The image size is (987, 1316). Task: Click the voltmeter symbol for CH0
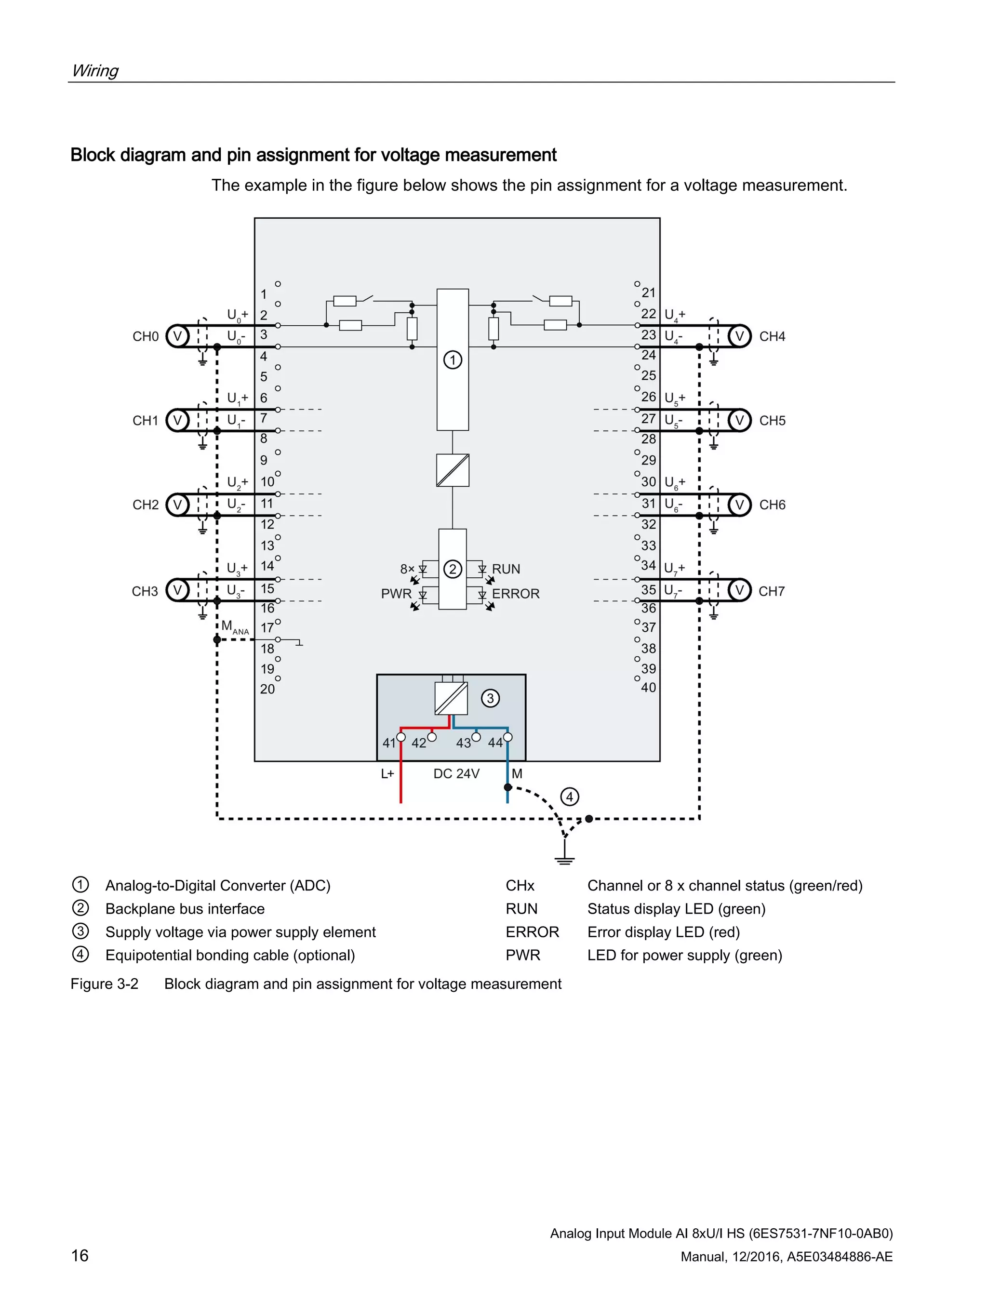(177, 336)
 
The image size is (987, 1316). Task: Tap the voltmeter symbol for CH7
(739, 590)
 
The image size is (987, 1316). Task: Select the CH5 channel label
(772, 421)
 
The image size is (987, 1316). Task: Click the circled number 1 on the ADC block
(453, 360)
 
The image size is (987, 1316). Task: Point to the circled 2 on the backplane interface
(452, 570)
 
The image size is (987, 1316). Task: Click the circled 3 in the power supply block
(490, 698)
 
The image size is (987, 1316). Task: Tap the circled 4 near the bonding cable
(569, 797)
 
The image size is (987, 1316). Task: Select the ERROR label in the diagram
(515, 594)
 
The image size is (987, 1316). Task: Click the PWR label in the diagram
(396, 594)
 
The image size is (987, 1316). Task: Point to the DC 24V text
(456, 773)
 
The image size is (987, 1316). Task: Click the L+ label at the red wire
(387, 773)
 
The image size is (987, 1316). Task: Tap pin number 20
(267, 689)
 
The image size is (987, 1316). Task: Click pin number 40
(649, 687)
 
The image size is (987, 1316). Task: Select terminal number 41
(389, 743)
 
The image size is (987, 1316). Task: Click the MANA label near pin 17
(234, 627)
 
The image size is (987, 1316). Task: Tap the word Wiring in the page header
(95, 70)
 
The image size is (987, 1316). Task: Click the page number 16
(80, 1255)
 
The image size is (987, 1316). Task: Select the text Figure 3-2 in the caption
(104, 984)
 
